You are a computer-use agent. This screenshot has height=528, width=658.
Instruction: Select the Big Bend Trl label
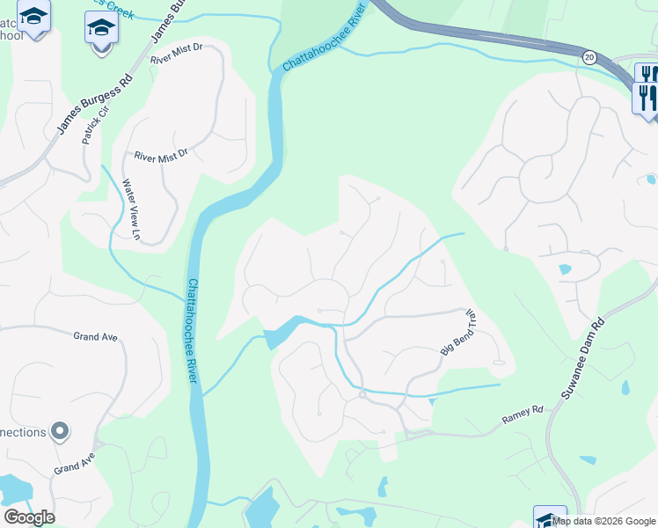point(458,333)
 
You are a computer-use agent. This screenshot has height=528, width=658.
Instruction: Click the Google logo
point(29,517)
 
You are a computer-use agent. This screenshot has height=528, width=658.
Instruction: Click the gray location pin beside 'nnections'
point(60,431)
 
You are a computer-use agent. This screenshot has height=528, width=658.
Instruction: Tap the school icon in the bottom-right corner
point(550,517)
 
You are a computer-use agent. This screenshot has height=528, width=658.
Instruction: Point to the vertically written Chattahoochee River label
point(192,331)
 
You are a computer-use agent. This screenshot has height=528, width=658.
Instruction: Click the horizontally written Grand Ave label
point(96,336)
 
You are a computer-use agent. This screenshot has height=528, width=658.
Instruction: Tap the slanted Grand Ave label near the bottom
point(74,464)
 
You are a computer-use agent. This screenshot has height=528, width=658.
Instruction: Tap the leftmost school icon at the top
point(34,18)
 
